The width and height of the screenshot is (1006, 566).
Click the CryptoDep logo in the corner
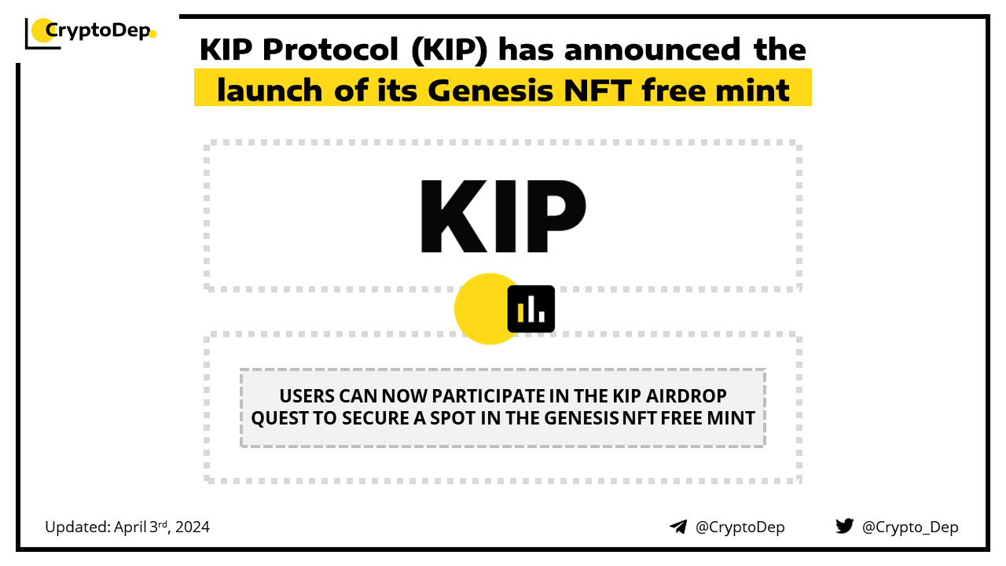pyautogui.click(x=90, y=32)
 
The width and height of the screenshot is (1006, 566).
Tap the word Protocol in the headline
pyautogui.click(x=331, y=49)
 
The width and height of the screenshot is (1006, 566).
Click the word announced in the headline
pyautogui.click(x=652, y=49)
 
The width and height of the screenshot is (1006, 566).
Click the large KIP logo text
pyautogui.click(x=503, y=216)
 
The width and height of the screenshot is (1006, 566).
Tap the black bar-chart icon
pyautogui.click(x=531, y=309)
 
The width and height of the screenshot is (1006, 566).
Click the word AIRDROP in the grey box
pyautogui.click(x=686, y=396)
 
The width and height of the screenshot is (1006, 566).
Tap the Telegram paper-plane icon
pyautogui.click(x=678, y=527)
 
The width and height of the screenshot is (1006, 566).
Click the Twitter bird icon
pyautogui.click(x=844, y=526)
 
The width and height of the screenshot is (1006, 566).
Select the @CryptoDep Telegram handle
pyautogui.click(x=740, y=527)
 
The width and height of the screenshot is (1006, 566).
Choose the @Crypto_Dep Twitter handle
pyautogui.click(x=910, y=527)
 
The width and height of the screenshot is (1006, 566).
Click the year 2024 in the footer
pyautogui.click(x=193, y=527)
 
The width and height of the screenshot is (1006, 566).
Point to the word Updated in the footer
pyautogui.click(x=77, y=527)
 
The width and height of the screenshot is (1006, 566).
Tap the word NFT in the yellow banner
pyautogui.click(x=598, y=90)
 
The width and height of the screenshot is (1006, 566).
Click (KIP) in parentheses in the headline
pyautogui.click(x=449, y=50)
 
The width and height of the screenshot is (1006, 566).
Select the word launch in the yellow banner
pyautogui.click(x=270, y=90)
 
